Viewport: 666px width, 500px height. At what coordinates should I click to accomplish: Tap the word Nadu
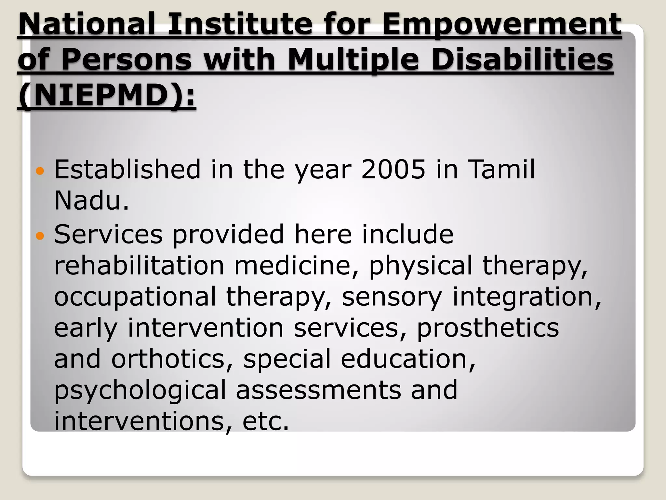91,201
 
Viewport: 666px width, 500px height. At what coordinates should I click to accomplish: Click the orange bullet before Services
40,235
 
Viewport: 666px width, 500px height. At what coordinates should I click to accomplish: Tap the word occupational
135,297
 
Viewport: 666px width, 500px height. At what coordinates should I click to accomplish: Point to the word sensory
392,297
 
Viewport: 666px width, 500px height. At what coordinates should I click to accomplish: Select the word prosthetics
488,328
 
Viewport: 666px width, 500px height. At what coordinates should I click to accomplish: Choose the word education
408,359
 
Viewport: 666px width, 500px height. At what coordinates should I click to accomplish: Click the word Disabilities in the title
522,60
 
